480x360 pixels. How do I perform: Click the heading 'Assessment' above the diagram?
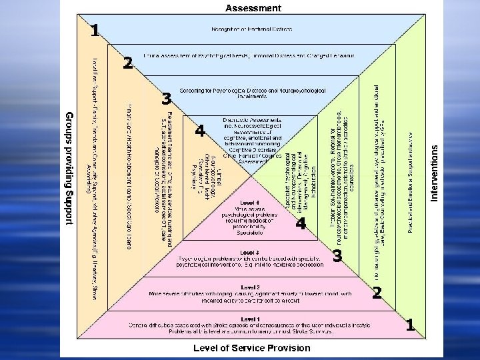(x=253, y=8)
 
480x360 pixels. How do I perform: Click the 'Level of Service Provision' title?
(x=251, y=347)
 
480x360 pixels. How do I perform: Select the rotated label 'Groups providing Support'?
(x=68, y=168)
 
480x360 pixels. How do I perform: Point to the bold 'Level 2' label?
(x=251, y=286)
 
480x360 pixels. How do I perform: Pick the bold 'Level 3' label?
(x=250, y=253)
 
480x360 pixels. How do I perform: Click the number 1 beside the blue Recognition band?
(x=95, y=30)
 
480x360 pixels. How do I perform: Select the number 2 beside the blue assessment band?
(x=128, y=63)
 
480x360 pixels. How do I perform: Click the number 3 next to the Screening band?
(x=166, y=99)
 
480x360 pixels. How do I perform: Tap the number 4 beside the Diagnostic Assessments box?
(x=199, y=131)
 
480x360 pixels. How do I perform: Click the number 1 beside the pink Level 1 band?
(x=411, y=325)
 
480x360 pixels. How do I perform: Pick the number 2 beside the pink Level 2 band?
(x=377, y=292)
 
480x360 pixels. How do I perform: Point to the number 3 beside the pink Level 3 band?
(x=337, y=256)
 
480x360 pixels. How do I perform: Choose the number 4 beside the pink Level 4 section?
(x=301, y=224)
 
